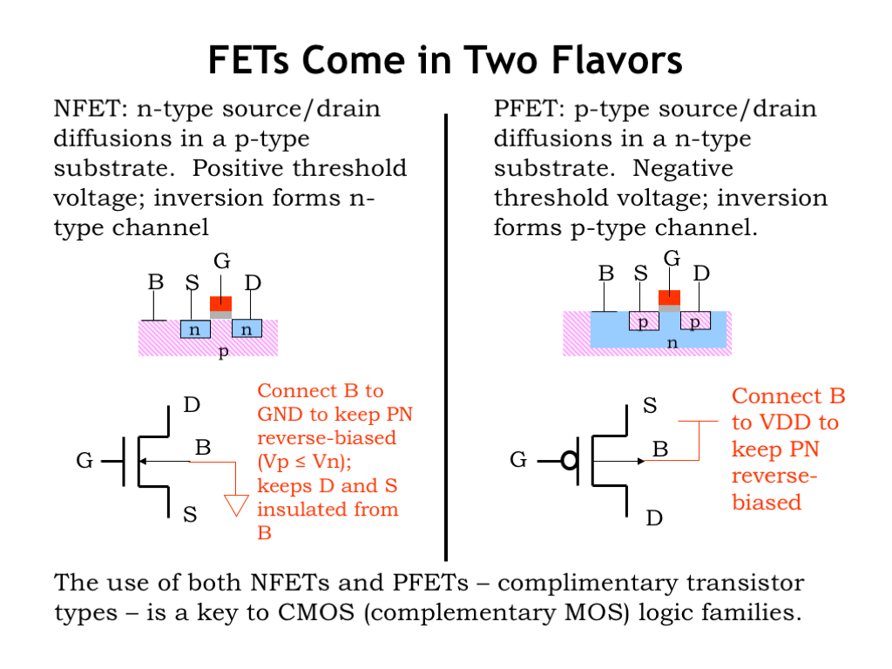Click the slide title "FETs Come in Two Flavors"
point(445,61)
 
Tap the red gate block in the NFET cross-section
point(221,303)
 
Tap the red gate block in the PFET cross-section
point(669,297)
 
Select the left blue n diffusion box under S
point(195,329)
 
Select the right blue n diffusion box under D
point(247,329)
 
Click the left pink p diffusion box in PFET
point(644,321)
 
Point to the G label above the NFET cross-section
point(221,260)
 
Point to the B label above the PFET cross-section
point(605,274)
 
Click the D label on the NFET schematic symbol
point(192,405)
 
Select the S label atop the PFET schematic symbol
point(649,405)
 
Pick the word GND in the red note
point(277,415)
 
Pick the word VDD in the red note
point(787,423)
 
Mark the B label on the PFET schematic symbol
point(660,449)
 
